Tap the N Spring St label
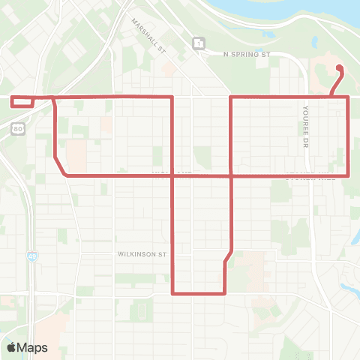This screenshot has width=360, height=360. (x=245, y=55)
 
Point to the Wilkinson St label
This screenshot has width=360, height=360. (x=141, y=254)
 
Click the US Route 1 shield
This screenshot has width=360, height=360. (x=197, y=44)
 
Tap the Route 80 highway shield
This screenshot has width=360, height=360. (x=16, y=129)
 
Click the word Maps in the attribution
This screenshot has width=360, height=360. (x=33, y=347)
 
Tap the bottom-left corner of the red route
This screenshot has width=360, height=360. (x=173, y=293)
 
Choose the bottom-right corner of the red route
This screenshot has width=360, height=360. (x=226, y=293)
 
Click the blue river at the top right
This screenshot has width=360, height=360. (x=300, y=7)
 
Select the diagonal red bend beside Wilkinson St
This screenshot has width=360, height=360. (x=229, y=256)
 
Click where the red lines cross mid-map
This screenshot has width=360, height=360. (x=229, y=175)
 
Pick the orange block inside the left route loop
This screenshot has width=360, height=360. (x=76, y=154)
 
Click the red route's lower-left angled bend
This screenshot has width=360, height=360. (x=61, y=168)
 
